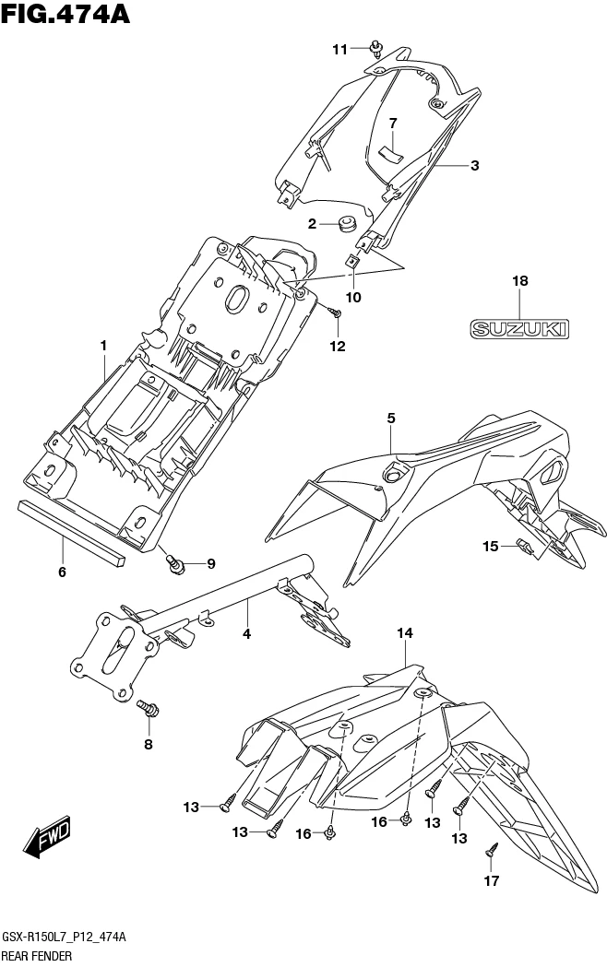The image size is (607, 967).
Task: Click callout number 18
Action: coord(518,281)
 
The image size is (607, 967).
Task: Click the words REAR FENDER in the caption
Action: coord(37,956)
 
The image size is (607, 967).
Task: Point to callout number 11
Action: coord(340,49)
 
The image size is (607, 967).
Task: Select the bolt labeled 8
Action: coord(149,709)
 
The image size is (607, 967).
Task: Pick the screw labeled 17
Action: coord(492,850)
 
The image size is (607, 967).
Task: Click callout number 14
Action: coord(406,632)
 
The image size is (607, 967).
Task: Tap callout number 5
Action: coord(391,419)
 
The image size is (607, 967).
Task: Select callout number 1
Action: coord(104,346)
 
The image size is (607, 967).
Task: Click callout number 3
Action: coord(474,166)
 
